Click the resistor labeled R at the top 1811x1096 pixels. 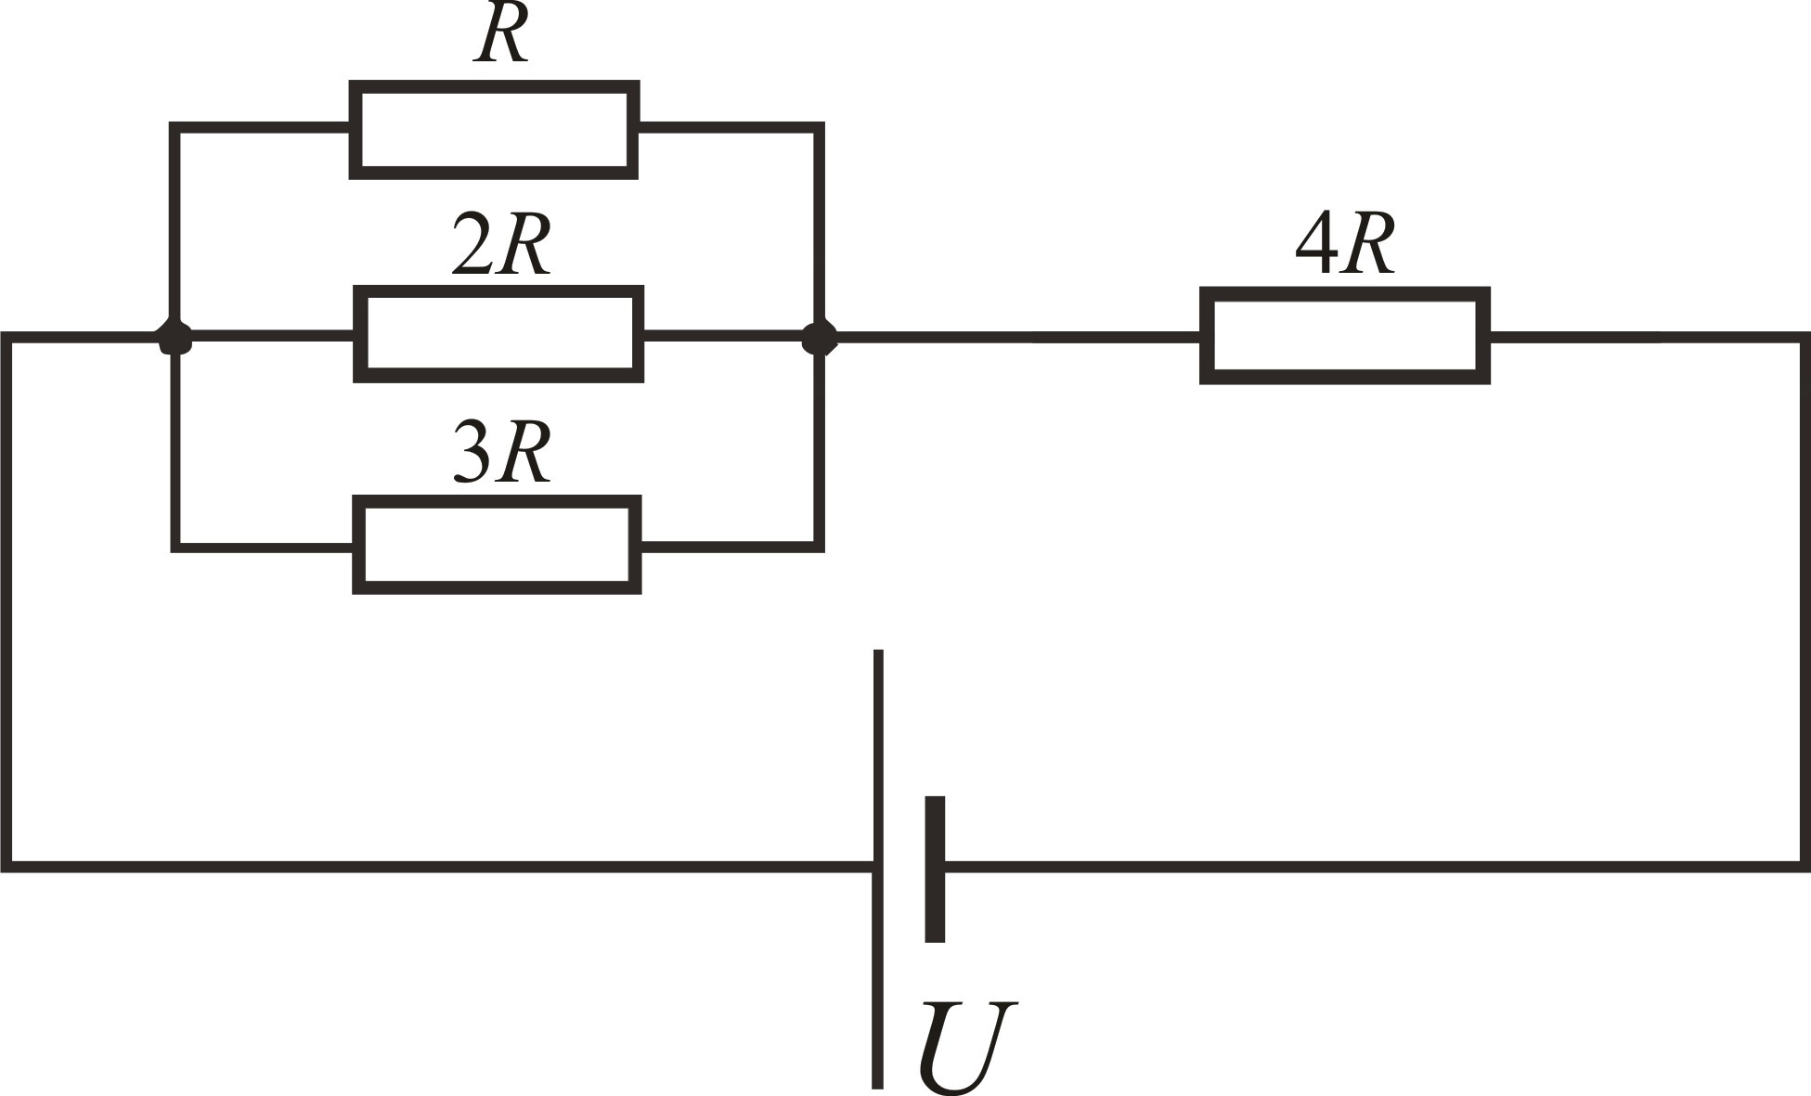494,130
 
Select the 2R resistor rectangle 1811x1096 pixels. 498,334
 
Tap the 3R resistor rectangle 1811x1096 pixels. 498,545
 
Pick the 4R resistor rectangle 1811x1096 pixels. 1345,335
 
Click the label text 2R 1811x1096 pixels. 500,246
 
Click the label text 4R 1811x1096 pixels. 1345,246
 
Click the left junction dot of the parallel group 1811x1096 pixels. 175,338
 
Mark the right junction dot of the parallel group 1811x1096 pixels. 819,338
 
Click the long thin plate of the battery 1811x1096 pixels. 877,868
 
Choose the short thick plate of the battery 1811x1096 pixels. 935,868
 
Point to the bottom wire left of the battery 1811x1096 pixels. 436,867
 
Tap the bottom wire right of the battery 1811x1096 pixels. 1374,867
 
